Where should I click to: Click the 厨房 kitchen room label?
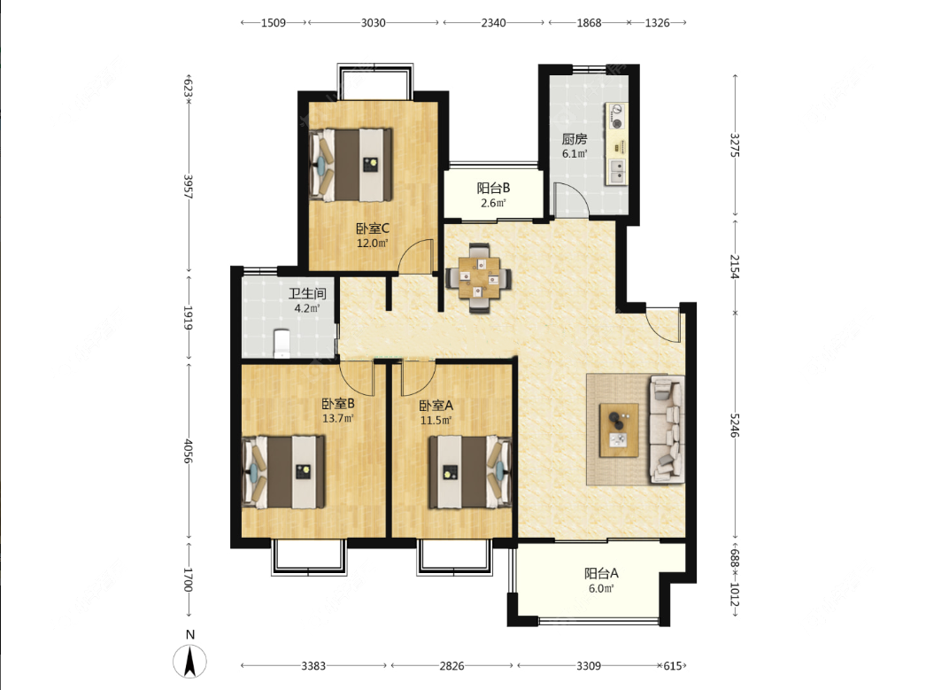[574, 139]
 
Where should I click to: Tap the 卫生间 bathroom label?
[307, 293]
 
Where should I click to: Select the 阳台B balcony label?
[493, 189]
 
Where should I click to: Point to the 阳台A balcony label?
[601, 573]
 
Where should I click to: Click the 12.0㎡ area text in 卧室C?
[372, 243]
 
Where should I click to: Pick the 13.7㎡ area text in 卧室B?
[338, 418]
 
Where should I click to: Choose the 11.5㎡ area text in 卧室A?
[436, 421]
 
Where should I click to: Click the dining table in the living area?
[478, 276]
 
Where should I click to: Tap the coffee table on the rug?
[619, 430]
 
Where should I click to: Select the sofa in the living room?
[667, 430]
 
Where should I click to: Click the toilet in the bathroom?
[282, 343]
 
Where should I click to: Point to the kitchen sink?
[616, 171]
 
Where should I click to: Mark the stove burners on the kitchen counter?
[617, 116]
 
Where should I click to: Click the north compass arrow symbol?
[189, 662]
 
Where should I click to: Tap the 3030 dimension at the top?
[373, 23]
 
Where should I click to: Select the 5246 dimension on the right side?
[734, 425]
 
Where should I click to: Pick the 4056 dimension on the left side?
[189, 451]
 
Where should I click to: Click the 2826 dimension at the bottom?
[451, 666]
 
